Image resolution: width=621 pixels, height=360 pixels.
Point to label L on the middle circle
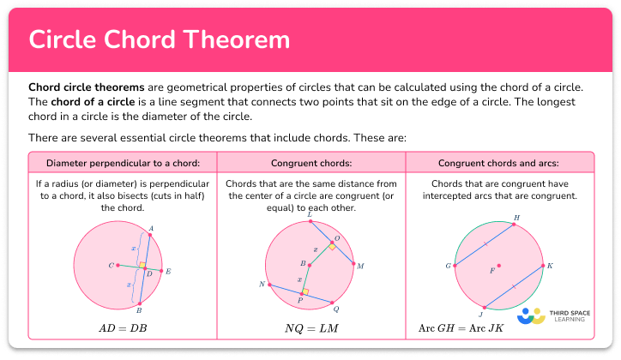click(x=309, y=214)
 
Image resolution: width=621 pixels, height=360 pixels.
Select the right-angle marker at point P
click(x=304, y=291)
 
